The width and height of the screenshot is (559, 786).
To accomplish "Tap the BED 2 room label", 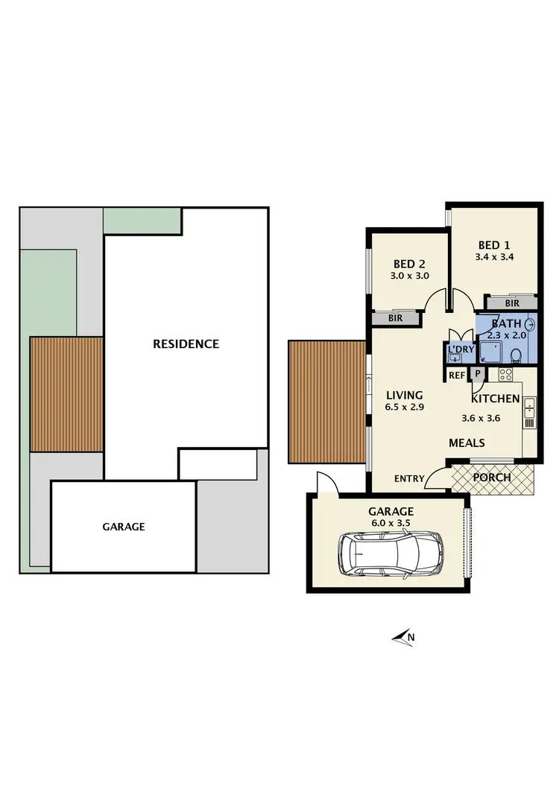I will click(409, 264).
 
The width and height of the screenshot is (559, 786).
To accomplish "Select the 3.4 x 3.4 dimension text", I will click(494, 257).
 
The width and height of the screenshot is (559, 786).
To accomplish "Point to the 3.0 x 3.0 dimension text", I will click(409, 276).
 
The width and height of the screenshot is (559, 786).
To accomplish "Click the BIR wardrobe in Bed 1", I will click(511, 303).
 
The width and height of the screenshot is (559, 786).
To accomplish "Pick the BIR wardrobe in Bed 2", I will click(395, 318).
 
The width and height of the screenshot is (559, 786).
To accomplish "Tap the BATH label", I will click(506, 323).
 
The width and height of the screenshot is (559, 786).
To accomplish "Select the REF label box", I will click(456, 375).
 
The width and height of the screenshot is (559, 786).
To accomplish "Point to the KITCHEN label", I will click(495, 399).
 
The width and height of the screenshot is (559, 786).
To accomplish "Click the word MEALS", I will click(467, 443).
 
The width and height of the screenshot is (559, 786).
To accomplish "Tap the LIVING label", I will click(404, 395).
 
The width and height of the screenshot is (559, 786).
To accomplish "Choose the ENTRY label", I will click(409, 479).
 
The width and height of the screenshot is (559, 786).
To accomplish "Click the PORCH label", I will click(492, 478).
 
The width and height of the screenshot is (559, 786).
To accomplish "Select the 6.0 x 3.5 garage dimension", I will click(391, 523).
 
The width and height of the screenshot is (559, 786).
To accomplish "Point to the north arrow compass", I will click(403, 636).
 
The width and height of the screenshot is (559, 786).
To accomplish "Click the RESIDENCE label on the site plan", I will click(186, 343).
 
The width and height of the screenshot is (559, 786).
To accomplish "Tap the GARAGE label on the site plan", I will click(124, 526).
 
